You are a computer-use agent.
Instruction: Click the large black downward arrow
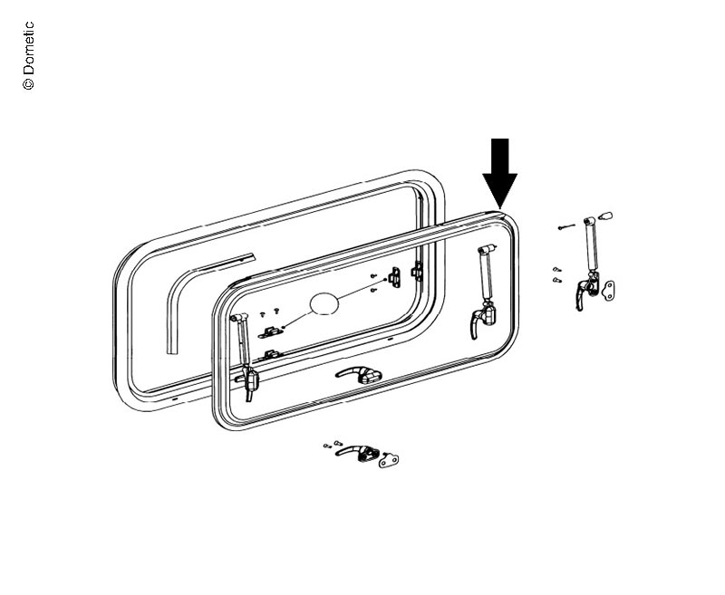pos(500,173)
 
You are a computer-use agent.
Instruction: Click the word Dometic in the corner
pos(28,47)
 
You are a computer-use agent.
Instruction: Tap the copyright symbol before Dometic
pos(28,83)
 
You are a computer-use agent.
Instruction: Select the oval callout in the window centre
pos(324,303)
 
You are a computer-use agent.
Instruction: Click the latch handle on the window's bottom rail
pos(359,374)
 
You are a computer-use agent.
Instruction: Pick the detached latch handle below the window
pos(357,452)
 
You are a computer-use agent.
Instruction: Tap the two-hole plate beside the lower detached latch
pos(389,460)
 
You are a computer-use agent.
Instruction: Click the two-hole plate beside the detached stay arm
pos(608,291)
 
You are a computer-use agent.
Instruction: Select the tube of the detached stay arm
pos(591,247)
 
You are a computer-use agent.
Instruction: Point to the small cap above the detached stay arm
pos(605,216)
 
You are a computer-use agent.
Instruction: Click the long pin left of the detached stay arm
pos(566,226)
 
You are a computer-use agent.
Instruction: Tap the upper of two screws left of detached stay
pos(556,269)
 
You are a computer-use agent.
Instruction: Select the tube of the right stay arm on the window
pos(487,275)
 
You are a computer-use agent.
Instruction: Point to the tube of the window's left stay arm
pos(242,340)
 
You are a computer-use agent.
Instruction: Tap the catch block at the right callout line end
pos(395,277)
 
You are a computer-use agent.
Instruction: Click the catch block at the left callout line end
pos(270,331)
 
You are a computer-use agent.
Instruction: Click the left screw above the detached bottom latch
pos(327,446)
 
